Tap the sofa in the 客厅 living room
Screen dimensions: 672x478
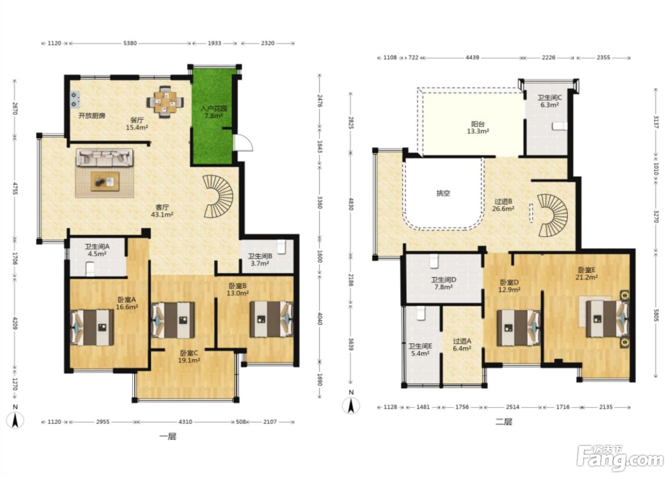pos(105,157)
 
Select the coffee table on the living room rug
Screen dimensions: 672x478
pos(105,181)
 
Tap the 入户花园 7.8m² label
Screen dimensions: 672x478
pos(213,112)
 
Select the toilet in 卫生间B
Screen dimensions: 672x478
pos(281,247)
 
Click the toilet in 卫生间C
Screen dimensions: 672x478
pos(560,126)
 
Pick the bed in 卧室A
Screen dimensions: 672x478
pos(92,327)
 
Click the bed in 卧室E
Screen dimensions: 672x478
pos(607,319)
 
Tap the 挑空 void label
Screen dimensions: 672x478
pos(443,193)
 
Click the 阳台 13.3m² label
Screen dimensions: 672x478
pos(478,128)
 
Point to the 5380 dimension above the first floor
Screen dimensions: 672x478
pos(130,43)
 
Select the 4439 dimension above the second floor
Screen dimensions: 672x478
pos(472,57)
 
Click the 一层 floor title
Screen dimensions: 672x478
pos(168,436)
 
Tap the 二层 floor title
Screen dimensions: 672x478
pos(504,421)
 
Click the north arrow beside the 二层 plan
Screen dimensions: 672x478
pos(351,405)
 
